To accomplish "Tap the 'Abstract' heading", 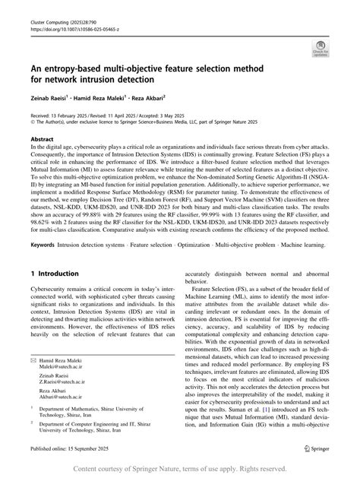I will (x=43, y=140).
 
